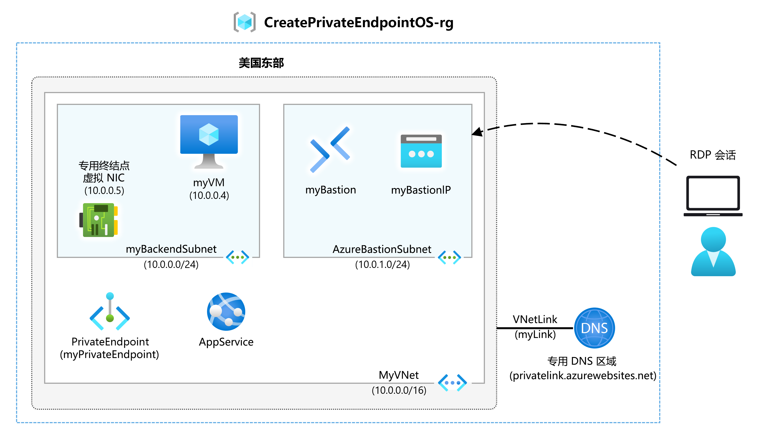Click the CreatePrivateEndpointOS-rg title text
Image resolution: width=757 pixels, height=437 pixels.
(x=358, y=22)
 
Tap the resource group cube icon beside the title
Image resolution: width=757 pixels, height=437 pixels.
(x=244, y=22)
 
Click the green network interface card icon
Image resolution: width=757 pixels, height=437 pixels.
(x=98, y=220)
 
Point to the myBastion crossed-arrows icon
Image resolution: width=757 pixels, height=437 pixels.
(x=330, y=149)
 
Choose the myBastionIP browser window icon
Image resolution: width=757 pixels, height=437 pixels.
(x=421, y=151)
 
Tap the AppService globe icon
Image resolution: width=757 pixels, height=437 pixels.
(x=226, y=312)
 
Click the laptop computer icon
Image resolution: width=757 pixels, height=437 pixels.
(x=713, y=196)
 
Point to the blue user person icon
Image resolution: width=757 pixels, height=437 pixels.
(x=713, y=251)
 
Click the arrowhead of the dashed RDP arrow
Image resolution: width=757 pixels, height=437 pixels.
(x=477, y=132)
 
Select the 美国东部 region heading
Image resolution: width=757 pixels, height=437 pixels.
(x=261, y=63)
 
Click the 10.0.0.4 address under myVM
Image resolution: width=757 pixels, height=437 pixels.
(x=209, y=195)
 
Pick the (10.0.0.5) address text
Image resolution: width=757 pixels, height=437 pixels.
(x=104, y=190)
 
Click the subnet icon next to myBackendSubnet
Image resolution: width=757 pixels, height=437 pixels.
(x=237, y=257)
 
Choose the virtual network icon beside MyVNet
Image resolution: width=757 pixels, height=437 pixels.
(x=452, y=383)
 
